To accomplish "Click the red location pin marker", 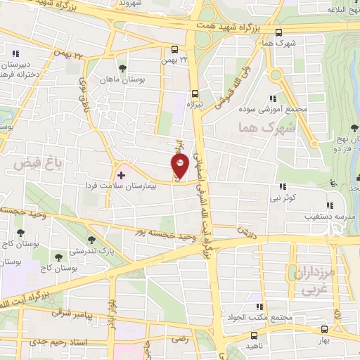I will (x=180, y=165).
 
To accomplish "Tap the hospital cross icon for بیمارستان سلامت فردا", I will (x=121, y=173).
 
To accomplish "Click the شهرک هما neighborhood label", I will (x=255, y=128).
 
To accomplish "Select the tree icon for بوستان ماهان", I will (x=122, y=68).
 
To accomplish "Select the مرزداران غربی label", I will (x=304, y=280).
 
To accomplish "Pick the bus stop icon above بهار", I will (x=323, y=328).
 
